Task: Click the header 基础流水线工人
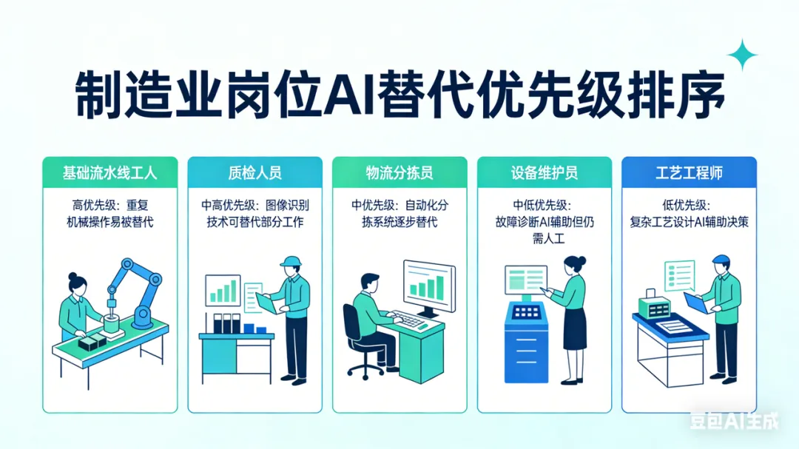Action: click(x=109, y=174)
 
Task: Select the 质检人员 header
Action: click(x=254, y=174)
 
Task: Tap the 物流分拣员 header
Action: click(x=399, y=174)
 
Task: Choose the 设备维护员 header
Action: click(x=545, y=174)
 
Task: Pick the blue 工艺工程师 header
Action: click(x=689, y=174)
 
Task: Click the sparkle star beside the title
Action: click(x=742, y=55)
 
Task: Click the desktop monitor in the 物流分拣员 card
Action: click(x=428, y=288)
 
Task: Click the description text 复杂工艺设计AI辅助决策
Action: click(x=689, y=221)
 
